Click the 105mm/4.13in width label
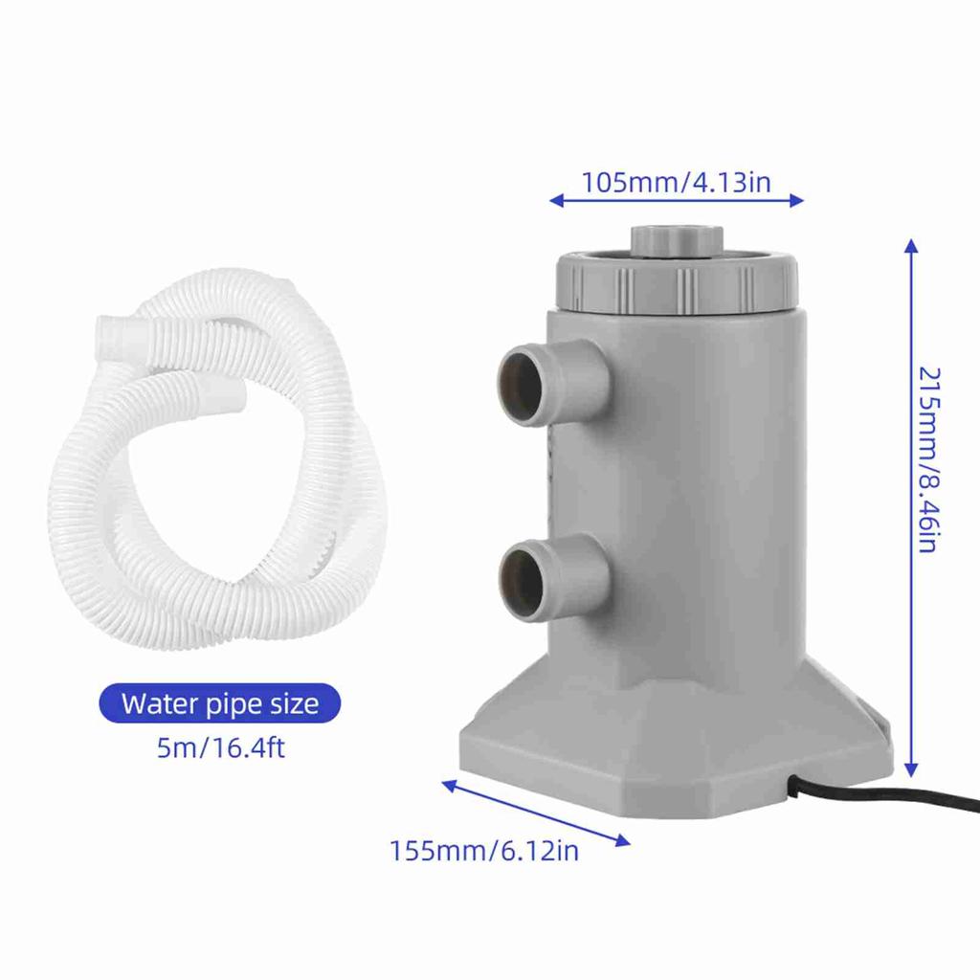click(676, 182)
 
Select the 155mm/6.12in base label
click(483, 850)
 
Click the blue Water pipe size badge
click(219, 704)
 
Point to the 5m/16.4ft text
click(220, 746)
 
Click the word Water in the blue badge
click(158, 704)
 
